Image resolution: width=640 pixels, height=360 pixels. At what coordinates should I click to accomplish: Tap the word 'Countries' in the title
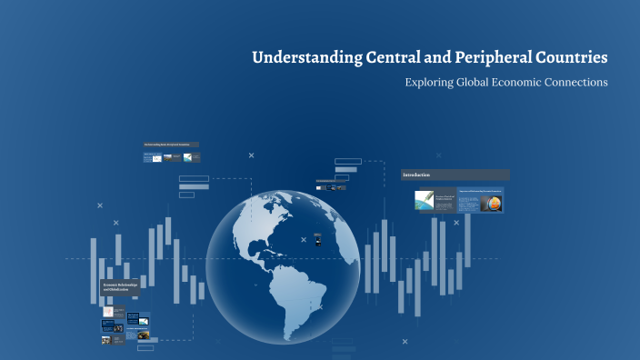[572, 58]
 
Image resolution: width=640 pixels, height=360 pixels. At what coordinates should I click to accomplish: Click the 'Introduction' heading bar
[455, 175]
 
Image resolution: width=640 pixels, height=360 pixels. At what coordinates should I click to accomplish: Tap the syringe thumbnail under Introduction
[424, 200]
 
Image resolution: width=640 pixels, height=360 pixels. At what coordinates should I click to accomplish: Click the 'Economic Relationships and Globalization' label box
[120, 289]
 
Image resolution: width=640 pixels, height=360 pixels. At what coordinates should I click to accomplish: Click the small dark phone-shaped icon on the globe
[317, 240]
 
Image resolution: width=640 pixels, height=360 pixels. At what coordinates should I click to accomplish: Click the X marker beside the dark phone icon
[303, 239]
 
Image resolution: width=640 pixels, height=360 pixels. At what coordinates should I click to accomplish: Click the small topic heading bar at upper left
[171, 145]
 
